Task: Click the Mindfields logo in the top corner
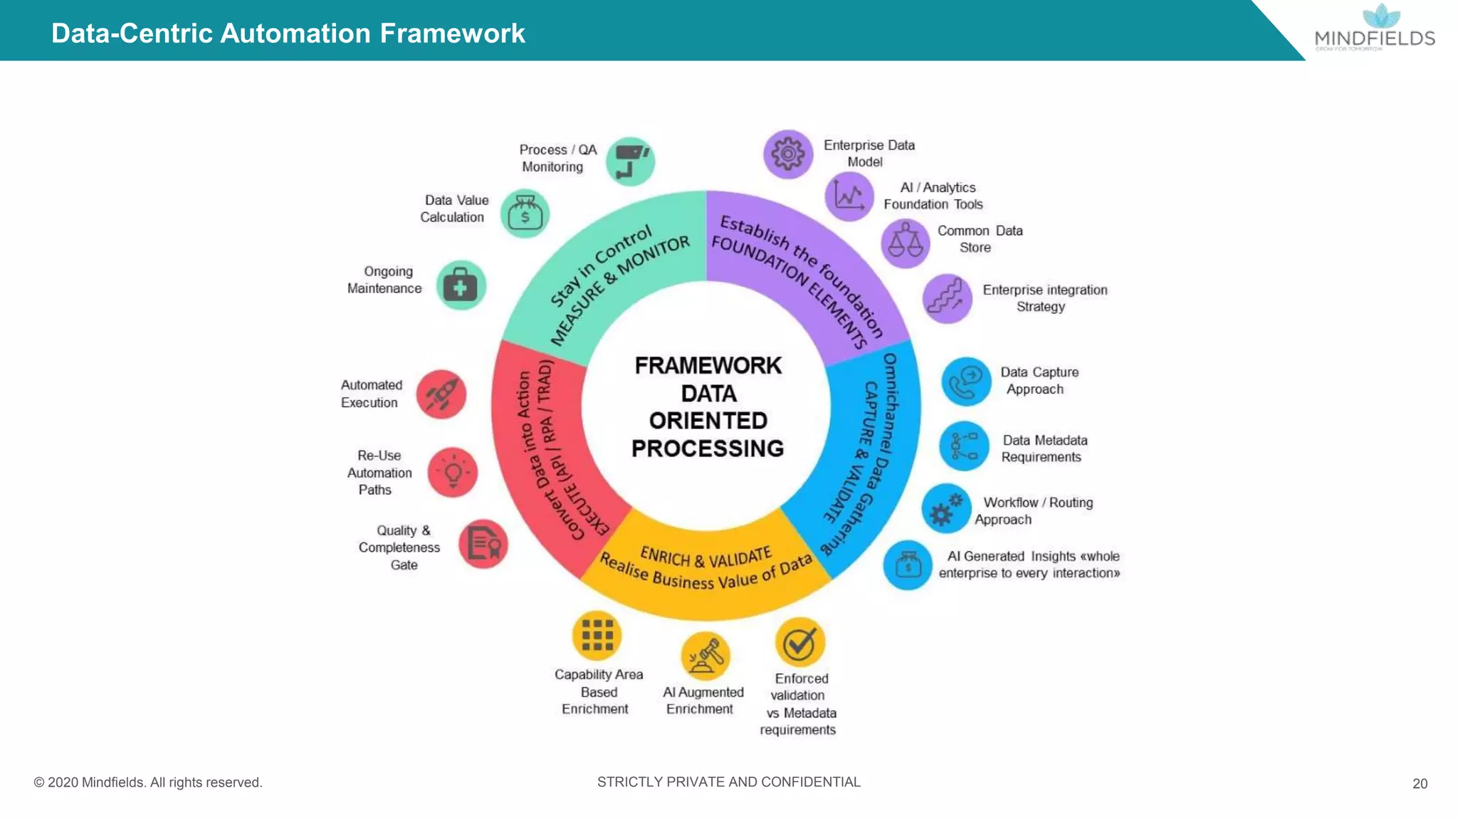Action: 1375,28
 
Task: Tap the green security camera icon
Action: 631,162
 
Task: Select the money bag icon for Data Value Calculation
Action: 525,214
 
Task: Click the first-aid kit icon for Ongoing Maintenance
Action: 461,285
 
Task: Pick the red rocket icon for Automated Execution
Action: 441,394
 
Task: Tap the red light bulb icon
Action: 453,473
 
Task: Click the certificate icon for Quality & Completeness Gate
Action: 483,545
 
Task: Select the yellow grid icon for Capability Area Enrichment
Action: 597,635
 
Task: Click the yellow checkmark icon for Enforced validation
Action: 799,643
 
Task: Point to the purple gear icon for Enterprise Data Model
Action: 788,154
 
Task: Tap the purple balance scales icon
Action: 906,243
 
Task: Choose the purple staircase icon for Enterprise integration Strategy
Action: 948,298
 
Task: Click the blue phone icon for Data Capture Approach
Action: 966,382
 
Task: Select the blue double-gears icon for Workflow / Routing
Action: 946,508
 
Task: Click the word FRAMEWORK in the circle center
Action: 708,365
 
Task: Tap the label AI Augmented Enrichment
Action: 702,700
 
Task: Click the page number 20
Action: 1420,784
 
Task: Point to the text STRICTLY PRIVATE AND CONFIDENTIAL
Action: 728,782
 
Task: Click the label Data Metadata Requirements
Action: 1044,448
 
